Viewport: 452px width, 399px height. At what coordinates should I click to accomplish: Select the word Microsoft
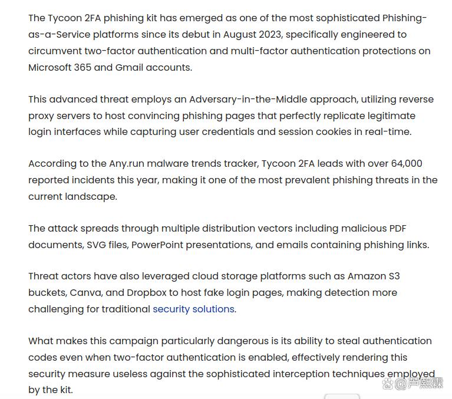[x=50, y=67]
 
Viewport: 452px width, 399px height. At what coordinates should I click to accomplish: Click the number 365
[x=83, y=67]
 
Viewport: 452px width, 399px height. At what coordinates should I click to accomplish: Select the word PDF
[x=397, y=228]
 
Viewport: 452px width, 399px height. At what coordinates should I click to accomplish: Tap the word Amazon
[x=365, y=276]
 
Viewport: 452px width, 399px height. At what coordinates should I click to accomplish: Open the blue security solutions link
[x=193, y=309]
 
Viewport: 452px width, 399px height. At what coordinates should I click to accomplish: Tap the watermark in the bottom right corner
[x=412, y=384]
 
